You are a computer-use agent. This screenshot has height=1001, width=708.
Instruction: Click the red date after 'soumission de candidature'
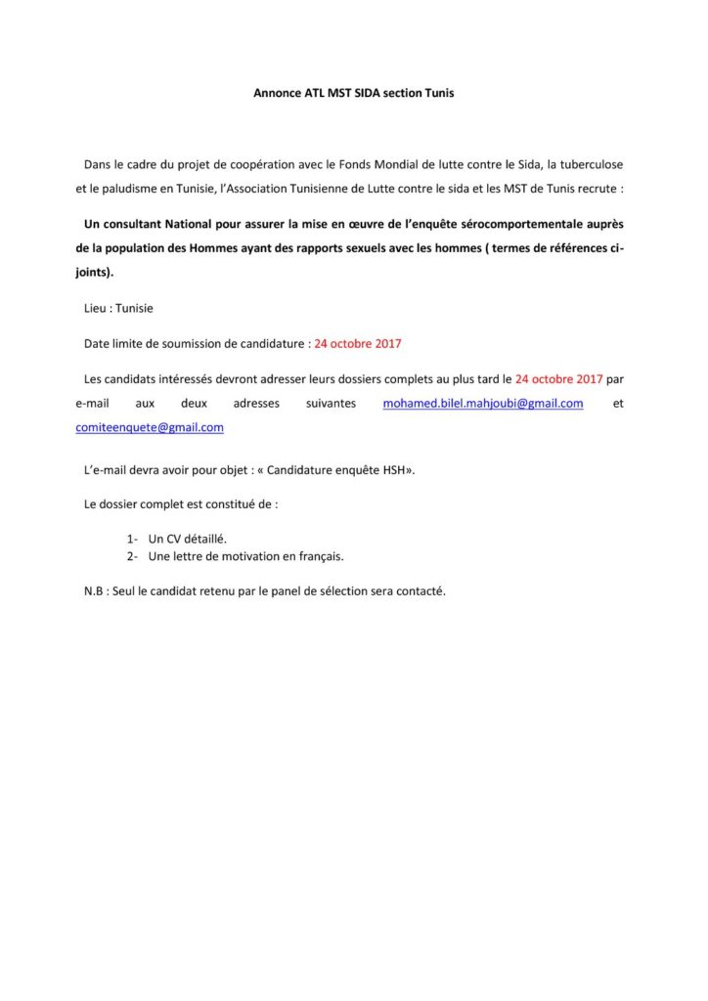(x=358, y=344)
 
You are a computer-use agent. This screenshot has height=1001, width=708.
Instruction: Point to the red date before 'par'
(x=558, y=377)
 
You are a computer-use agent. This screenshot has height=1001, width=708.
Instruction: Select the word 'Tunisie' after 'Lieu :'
(x=134, y=308)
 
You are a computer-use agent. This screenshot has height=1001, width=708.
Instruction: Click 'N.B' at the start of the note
(x=95, y=591)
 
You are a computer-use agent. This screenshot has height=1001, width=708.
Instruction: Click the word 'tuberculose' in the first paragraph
(x=591, y=160)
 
